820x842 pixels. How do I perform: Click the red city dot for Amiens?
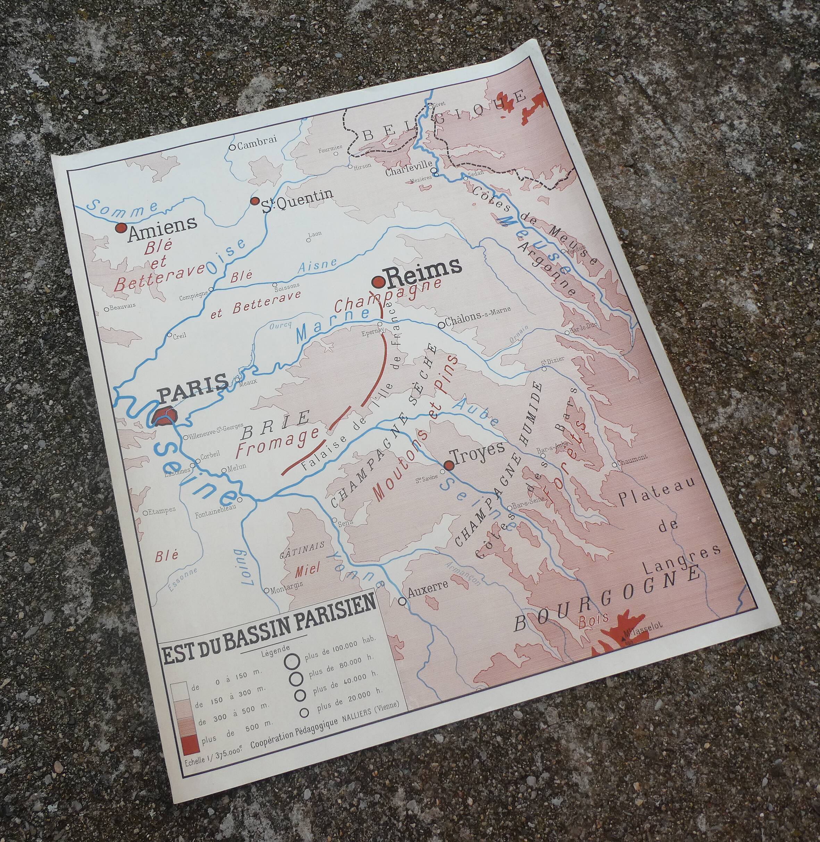click(121, 228)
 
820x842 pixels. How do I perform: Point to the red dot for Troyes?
click(449, 465)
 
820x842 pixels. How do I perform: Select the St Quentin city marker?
click(254, 201)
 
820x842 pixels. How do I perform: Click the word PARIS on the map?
click(193, 382)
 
